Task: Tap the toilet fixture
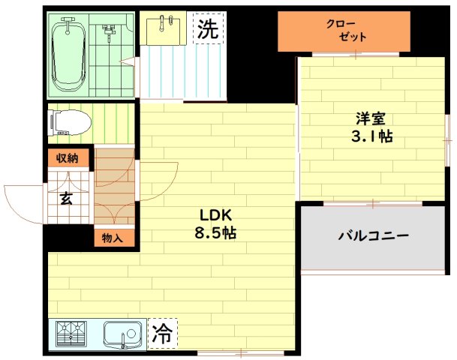[x=68, y=121]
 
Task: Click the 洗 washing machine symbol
[x=207, y=29]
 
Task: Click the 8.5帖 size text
[x=215, y=232]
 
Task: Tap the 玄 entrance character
[x=66, y=198]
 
